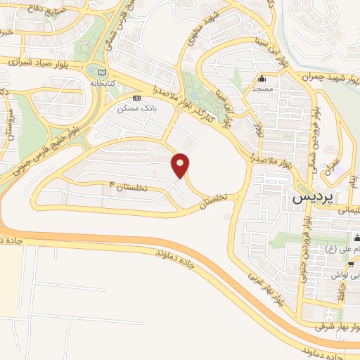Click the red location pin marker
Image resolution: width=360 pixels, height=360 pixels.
181,165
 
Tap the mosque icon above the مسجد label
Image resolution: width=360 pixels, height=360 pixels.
262,78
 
